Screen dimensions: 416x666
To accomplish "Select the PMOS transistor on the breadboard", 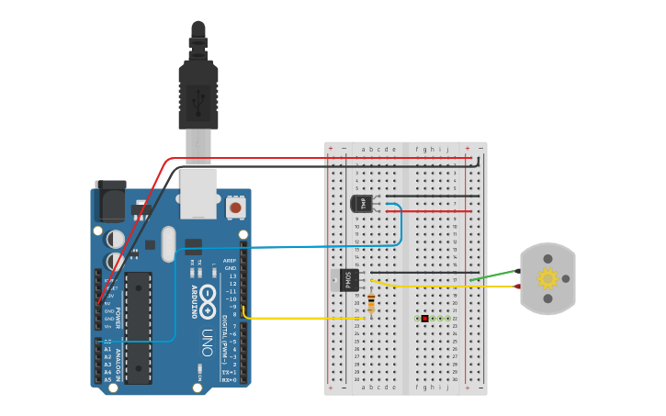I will (348, 279).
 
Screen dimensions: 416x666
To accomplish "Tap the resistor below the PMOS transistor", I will (370, 303).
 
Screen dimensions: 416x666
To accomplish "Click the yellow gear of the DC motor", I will (547, 278).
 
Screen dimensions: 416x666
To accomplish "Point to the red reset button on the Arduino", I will (236, 208).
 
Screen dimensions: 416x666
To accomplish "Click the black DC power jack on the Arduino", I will (110, 199).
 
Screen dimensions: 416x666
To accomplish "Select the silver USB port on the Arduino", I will (198, 193).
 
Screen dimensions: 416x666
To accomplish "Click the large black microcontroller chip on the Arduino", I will (139, 327).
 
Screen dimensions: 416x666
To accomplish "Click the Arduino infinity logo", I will (209, 297).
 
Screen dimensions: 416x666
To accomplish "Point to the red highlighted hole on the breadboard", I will (424, 318).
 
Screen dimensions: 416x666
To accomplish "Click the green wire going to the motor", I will (491, 275).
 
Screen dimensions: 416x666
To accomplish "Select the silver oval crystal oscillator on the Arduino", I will (168, 244).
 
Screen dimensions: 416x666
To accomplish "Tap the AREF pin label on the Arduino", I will (230, 261).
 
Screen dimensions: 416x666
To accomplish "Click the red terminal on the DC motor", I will (517, 287).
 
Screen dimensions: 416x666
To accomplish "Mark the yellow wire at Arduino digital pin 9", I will (276, 318).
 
